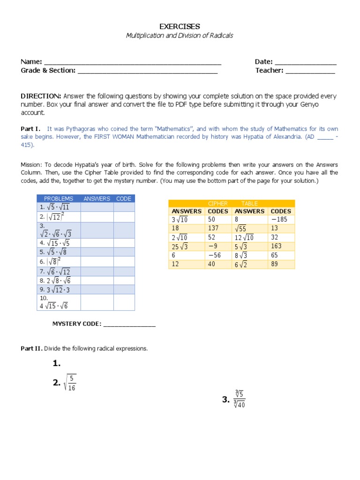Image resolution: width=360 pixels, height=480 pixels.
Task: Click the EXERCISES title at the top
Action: pyautogui.click(x=180, y=26)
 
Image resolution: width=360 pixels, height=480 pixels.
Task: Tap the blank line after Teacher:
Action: pyautogui.click(x=310, y=71)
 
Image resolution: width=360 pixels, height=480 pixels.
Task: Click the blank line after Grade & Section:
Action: pyautogui.click(x=147, y=71)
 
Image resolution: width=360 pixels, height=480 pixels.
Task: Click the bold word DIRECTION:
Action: pyautogui.click(x=41, y=96)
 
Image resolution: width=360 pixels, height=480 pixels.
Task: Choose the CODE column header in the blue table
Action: pyautogui.click(x=124, y=199)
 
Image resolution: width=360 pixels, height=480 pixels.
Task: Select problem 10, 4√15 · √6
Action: pyautogui.click(x=53, y=306)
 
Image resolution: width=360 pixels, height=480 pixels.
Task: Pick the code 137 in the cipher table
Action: pyautogui.click(x=213, y=228)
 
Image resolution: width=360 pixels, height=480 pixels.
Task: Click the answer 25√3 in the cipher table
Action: pyautogui.click(x=180, y=247)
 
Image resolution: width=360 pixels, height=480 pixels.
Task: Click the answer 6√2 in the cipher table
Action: pyautogui.click(x=243, y=264)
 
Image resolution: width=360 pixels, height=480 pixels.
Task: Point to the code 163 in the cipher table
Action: pyautogui.click(x=276, y=246)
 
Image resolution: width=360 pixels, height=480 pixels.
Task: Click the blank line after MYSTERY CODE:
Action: pyautogui.click(x=129, y=324)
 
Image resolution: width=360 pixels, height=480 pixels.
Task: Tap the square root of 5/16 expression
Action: pyautogui.click(x=70, y=382)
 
